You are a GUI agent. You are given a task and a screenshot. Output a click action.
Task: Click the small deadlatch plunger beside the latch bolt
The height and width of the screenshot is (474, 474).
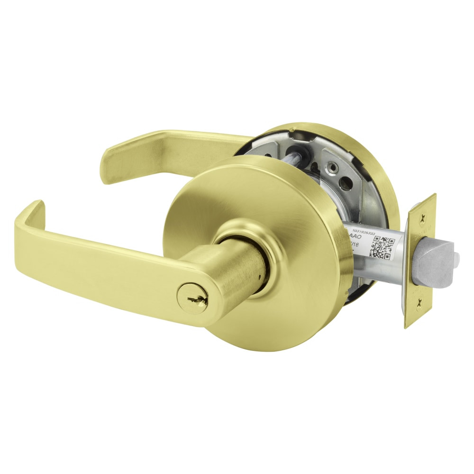456,259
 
